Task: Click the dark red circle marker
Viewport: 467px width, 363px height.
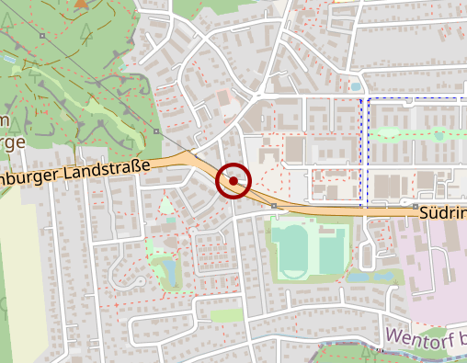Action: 233,181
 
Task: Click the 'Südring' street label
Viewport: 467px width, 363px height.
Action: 443,213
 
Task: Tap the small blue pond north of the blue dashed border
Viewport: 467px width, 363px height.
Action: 357,86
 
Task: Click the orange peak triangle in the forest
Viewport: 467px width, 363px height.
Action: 82,5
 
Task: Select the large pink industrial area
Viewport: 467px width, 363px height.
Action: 432,276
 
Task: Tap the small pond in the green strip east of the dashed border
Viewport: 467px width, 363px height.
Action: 439,136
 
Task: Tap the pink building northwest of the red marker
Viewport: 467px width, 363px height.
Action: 223,96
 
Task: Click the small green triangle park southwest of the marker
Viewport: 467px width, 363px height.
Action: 166,204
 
